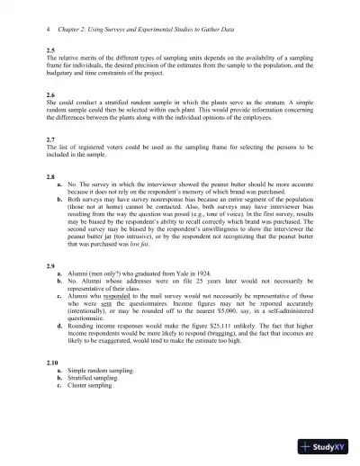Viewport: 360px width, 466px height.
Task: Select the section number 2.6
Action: pos(49,94)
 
